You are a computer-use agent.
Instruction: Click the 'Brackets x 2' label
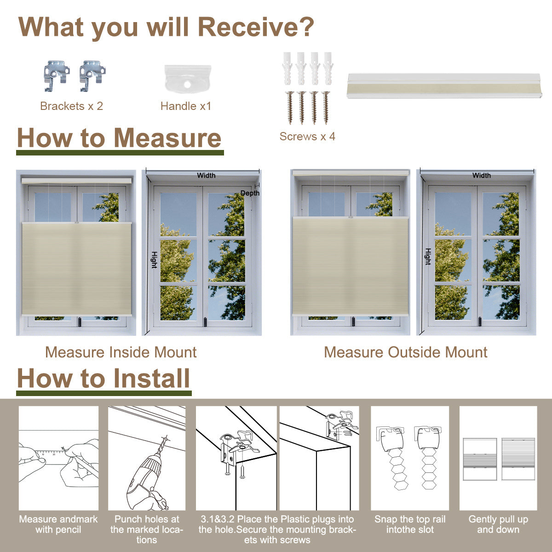pyautogui.click(x=71, y=106)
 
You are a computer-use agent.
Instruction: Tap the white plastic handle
pyautogui.click(x=188, y=79)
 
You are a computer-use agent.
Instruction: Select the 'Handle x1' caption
pyautogui.click(x=186, y=106)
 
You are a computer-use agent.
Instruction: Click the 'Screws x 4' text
pyautogui.click(x=307, y=136)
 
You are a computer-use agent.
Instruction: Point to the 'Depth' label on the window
pyautogui.click(x=250, y=193)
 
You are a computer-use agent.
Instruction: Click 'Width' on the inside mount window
pyautogui.click(x=206, y=175)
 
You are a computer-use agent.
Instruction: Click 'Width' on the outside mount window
pyautogui.click(x=482, y=175)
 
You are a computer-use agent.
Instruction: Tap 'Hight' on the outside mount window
pyautogui.click(x=428, y=256)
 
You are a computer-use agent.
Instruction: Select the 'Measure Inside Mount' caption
pyautogui.click(x=121, y=352)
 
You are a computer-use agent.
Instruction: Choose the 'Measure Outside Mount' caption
pyautogui.click(x=406, y=352)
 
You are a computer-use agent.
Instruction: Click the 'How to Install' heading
pyautogui.click(x=103, y=378)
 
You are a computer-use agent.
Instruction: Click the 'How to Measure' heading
pyautogui.click(x=119, y=138)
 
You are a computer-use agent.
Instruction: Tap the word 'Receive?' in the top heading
pyautogui.click(x=256, y=27)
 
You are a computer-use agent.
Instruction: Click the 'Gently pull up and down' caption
pyautogui.click(x=498, y=524)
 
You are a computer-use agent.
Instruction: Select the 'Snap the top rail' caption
pyautogui.click(x=410, y=519)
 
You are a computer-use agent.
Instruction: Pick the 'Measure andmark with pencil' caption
pyautogui.click(x=58, y=524)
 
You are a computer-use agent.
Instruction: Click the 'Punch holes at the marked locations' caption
pyautogui.click(x=147, y=529)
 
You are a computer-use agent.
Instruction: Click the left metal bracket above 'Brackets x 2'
pyautogui.click(x=57, y=76)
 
